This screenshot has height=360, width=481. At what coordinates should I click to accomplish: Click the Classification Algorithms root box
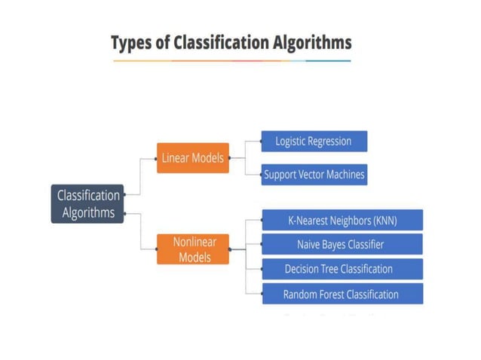click(88, 203)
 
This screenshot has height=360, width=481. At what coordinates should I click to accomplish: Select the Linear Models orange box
click(192, 158)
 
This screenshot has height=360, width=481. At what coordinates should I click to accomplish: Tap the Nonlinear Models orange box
click(192, 249)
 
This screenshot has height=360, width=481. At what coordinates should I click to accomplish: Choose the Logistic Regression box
click(314, 141)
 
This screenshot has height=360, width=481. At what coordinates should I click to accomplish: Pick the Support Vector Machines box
click(314, 175)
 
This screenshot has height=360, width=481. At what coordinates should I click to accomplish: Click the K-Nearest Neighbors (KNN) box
click(342, 221)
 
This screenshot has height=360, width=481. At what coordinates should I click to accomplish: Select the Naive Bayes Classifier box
click(342, 245)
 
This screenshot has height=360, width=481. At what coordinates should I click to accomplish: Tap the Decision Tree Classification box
click(342, 269)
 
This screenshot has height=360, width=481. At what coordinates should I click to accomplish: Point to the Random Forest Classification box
click(342, 294)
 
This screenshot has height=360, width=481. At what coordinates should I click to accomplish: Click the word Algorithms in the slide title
click(311, 43)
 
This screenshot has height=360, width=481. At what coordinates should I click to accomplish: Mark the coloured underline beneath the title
click(231, 61)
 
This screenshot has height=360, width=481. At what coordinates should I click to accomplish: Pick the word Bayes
click(336, 245)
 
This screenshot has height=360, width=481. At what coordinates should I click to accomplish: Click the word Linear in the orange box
click(176, 158)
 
